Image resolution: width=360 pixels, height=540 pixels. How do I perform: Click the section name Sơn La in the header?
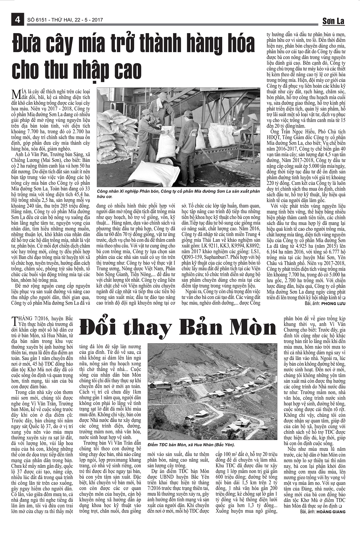coord(333,21)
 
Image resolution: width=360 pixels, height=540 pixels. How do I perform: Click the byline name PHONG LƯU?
coord(333,304)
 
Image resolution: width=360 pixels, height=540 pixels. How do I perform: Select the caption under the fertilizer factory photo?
coord(177,193)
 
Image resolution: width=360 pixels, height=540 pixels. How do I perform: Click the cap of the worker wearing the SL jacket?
coord(188,113)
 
